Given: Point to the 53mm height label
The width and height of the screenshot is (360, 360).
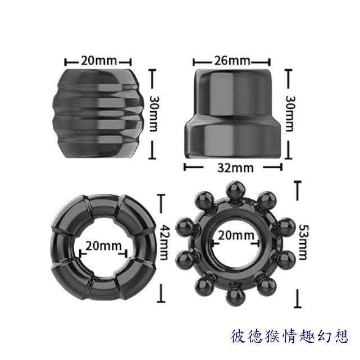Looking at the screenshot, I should (302, 242).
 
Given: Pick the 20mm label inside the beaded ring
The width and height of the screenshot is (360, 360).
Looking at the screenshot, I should (236, 235).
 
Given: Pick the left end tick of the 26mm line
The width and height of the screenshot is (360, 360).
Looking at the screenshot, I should (194, 61).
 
